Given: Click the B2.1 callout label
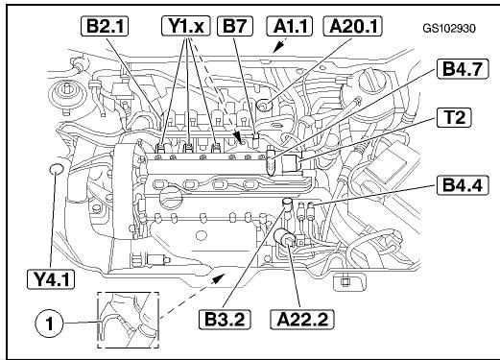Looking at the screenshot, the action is [105, 26].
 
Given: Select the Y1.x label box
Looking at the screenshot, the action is [186, 26].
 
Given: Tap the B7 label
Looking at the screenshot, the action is [235, 26].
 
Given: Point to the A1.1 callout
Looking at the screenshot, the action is [290, 26].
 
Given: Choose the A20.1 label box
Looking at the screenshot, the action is [353, 26].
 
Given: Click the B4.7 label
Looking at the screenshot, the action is [463, 68].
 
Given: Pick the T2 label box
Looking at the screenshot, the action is [454, 117].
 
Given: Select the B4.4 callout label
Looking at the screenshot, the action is [463, 185].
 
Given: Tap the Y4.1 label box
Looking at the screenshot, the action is [51, 279].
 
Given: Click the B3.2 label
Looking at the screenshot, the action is [225, 319].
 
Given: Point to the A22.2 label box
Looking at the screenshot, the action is [302, 319].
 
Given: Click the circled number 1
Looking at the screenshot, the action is [49, 324].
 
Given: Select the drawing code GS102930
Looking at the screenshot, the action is [449, 29].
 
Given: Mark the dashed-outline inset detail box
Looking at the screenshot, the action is [128, 320].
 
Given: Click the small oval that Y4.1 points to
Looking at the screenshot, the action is [57, 169].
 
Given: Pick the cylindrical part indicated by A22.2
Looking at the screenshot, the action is [284, 237].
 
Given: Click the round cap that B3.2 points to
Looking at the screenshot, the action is [287, 203].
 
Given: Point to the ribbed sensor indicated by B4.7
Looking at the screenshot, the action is [271, 161].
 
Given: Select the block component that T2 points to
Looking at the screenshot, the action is [291, 163].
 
